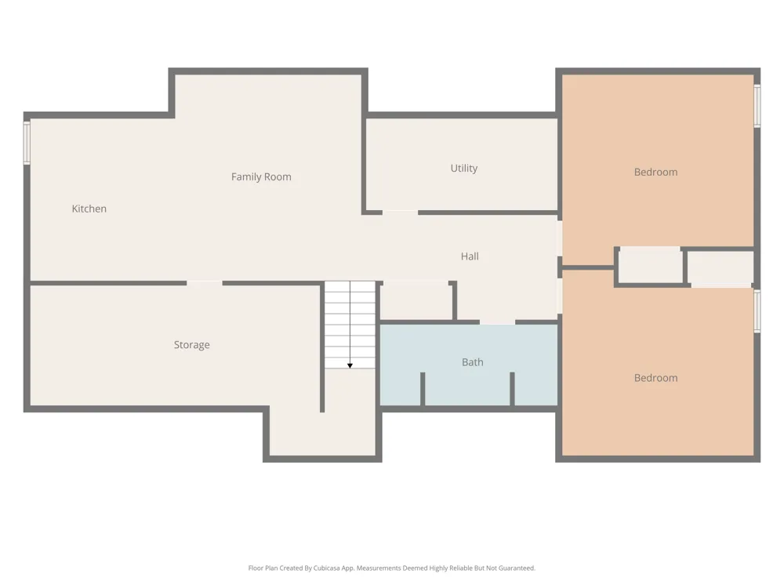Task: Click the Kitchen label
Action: click(x=89, y=209)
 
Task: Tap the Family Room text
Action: click(x=261, y=176)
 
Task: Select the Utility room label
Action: click(x=464, y=168)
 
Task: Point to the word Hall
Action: click(x=470, y=256)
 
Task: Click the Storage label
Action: click(x=191, y=344)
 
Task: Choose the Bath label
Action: click(x=473, y=362)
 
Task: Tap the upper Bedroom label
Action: click(x=656, y=172)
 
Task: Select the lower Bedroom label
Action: click(x=656, y=378)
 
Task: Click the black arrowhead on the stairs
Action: click(x=350, y=366)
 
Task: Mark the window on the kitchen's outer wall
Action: click(x=27, y=142)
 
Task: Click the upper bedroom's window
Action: click(x=757, y=106)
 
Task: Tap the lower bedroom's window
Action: click(x=757, y=311)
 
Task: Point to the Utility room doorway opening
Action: click(x=400, y=212)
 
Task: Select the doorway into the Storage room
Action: click(x=205, y=283)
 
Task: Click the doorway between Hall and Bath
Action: click(x=498, y=322)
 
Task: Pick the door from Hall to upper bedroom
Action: click(x=560, y=239)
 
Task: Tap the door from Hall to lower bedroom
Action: click(x=560, y=296)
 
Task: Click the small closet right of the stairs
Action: click(x=416, y=301)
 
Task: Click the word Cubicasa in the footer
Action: click(x=327, y=568)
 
